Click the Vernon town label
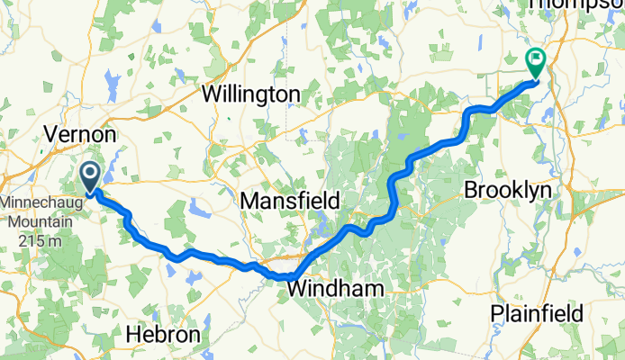[x=80, y=134]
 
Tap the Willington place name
[x=250, y=94]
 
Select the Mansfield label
[x=289, y=201]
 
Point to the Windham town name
[x=335, y=289]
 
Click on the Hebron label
[x=163, y=333]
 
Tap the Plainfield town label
[x=537, y=313]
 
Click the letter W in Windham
[x=296, y=289]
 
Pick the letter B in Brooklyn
[x=470, y=191]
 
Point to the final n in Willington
[x=294, y=94]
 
